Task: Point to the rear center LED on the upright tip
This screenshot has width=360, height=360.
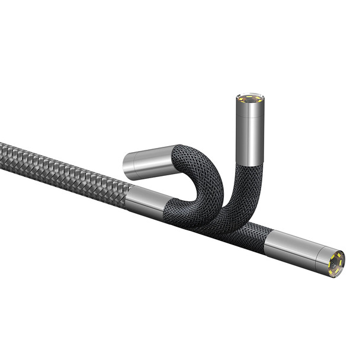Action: click(x=250, y=94)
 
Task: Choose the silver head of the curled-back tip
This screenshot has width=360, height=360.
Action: click(x=148, y=162)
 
